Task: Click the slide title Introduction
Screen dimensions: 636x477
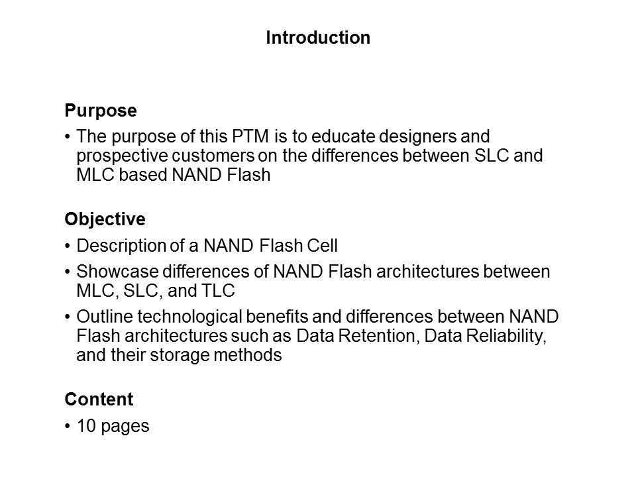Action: click(318, 38)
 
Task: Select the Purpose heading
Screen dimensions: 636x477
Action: click(101, 111)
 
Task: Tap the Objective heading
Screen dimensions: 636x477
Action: click(105, 220)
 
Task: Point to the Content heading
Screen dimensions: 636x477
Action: click(99, 399)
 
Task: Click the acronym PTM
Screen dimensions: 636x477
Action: click(250, 136)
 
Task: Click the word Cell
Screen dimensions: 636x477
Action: click(322, 246)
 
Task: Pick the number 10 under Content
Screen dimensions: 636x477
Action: click(86, 426)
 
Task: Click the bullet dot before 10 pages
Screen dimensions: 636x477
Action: click(68, 426)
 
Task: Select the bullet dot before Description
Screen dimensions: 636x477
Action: click(68, 246)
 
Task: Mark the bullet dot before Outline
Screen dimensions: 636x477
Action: click(68, 317)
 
